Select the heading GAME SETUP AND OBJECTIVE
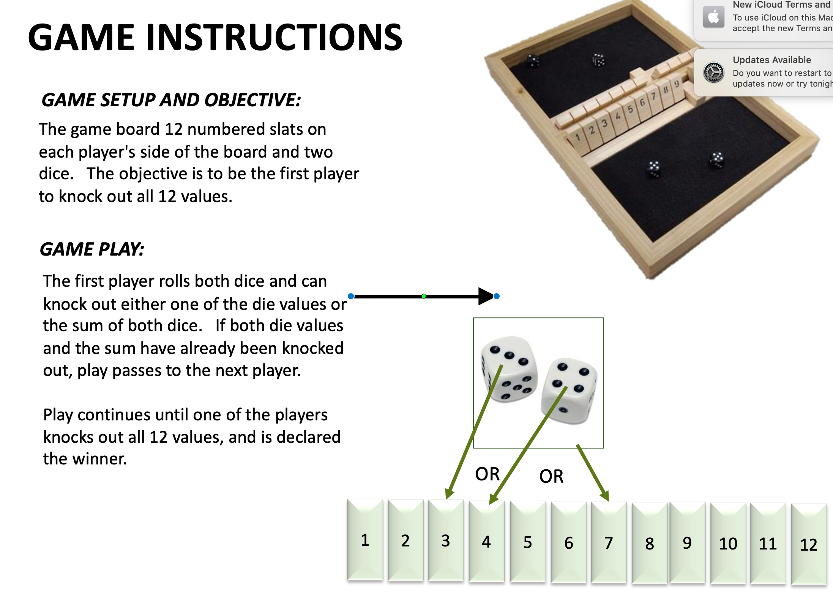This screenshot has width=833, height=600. pos(171,100)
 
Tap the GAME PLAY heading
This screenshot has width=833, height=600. pos(92,249)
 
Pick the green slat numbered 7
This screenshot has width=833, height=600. pos(609,543)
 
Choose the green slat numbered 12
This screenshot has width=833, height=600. pos(808,545)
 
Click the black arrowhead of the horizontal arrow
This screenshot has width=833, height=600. pos(486,296)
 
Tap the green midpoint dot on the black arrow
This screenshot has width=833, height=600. pos(424,296)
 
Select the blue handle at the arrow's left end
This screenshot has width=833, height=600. pos(351,296)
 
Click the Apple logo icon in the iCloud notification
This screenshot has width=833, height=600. pos(713,17)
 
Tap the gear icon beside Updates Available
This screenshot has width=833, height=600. pos(713,72)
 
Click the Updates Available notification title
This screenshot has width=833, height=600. pos(771,60)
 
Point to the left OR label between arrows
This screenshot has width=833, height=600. pos(487,474)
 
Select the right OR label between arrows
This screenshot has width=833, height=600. pos(551,476)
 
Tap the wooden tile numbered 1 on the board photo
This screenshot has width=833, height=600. pos(578,137)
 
